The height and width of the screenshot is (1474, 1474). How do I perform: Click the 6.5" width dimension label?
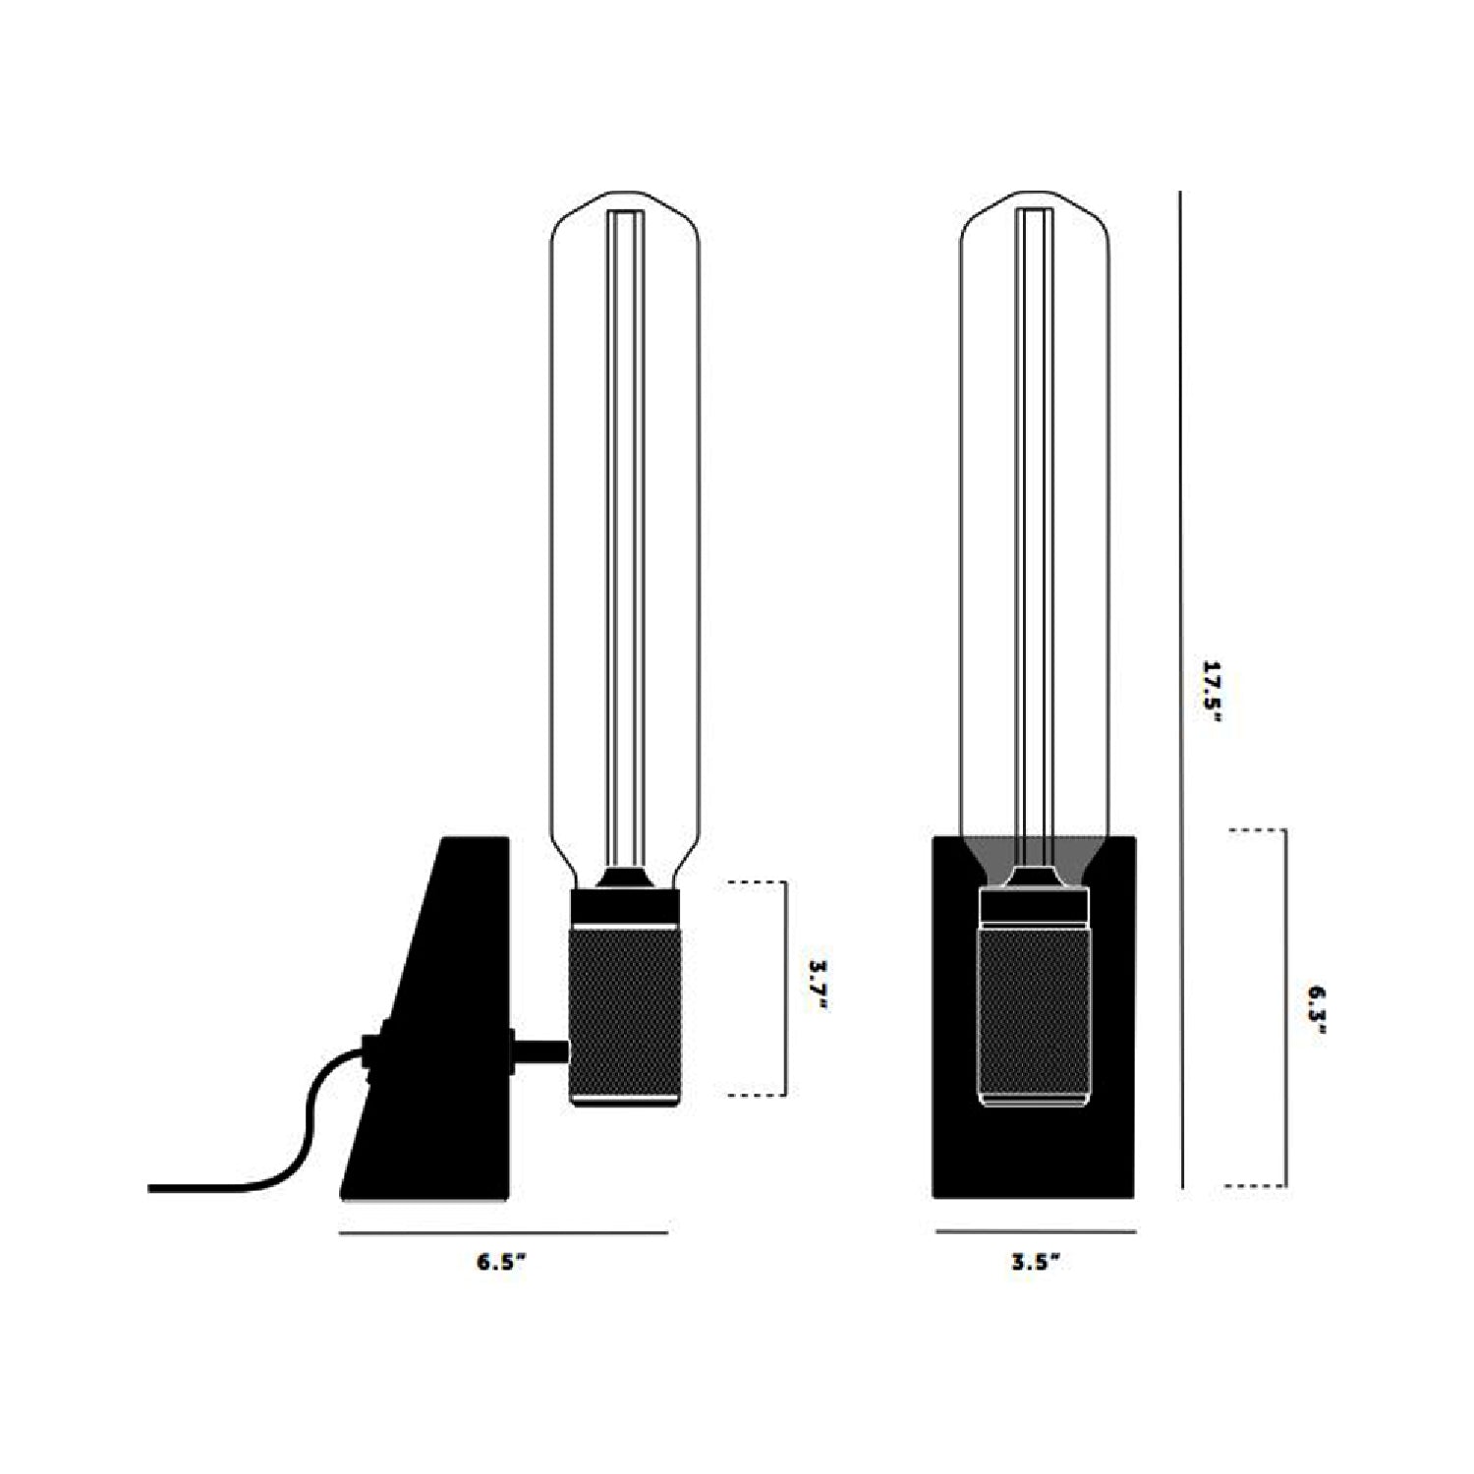pos(503,1264)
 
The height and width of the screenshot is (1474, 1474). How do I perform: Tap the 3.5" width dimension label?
pos(1036,1264)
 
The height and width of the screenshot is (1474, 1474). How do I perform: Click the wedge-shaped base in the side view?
pos(425,1018)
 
